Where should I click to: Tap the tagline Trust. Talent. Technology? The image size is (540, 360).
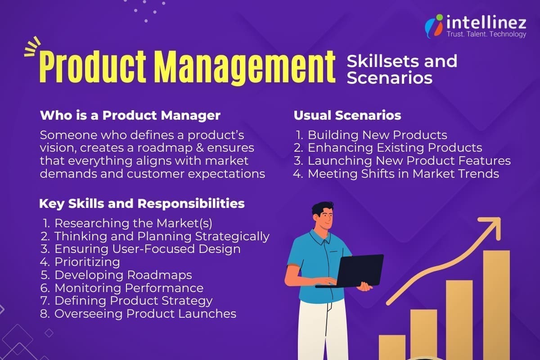point(486,34)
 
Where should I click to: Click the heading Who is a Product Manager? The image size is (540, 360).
point(130,115)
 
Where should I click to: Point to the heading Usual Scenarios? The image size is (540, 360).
point(347,115)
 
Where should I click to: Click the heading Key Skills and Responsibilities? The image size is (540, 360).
point(142,203)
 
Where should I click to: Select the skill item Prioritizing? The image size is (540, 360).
point(87,261)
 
